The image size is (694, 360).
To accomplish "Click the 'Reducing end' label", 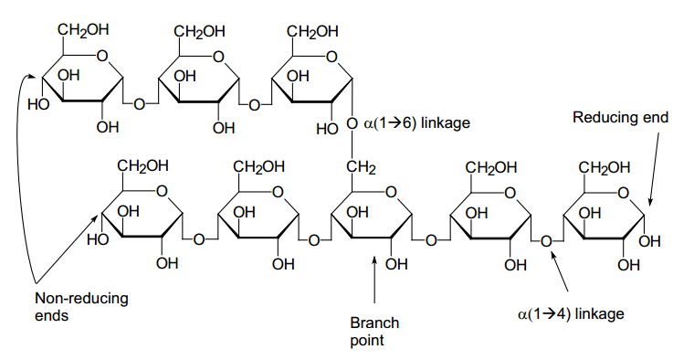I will (620, 117).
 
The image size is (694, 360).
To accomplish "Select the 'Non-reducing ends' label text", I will (68, 307).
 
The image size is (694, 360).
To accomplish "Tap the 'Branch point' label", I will (374, 331).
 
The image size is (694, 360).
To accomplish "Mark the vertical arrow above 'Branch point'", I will (374, 283).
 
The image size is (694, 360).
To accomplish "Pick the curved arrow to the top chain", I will (20, 183).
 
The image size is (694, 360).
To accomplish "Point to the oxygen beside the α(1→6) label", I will (352, 123).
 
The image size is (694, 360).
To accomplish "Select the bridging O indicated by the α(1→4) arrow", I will (546, 241).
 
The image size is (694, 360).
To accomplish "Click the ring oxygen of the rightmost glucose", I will (624, 192).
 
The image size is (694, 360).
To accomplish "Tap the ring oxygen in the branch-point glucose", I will (391, 192).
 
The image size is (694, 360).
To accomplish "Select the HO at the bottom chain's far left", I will (99, 241).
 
